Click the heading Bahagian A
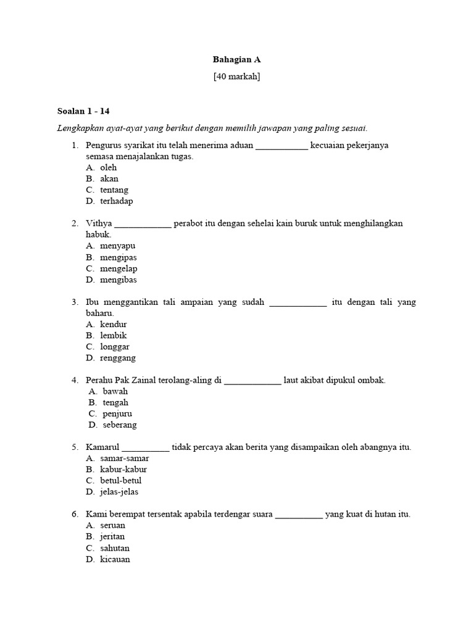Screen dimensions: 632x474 [236, 59]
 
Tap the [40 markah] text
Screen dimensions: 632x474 [236, 77]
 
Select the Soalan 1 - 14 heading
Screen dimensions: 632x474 [83, 111]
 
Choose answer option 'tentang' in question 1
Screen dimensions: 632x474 [114, 190]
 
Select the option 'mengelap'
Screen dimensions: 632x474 [118, 268]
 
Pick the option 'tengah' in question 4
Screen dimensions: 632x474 [115, 403]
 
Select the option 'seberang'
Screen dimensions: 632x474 [120, 425]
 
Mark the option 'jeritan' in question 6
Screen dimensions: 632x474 [112, 537]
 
